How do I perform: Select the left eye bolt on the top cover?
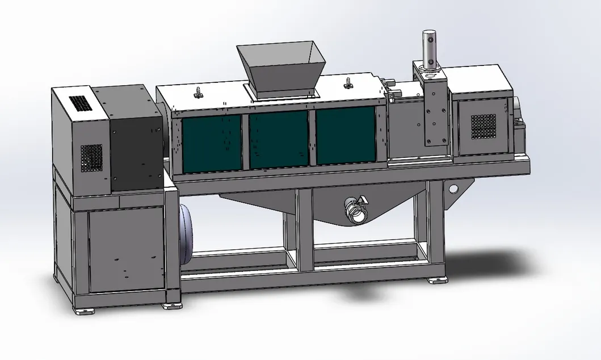point(199,93)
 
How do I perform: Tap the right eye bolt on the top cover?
point(347,84)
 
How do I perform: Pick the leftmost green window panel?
point(212,143)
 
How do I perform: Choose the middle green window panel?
point(279,139)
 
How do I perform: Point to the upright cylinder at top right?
point(430,51)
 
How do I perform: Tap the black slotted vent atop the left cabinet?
point(79,103)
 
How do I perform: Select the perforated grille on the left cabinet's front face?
point(91,157)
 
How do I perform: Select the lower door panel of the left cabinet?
point(126,250)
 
